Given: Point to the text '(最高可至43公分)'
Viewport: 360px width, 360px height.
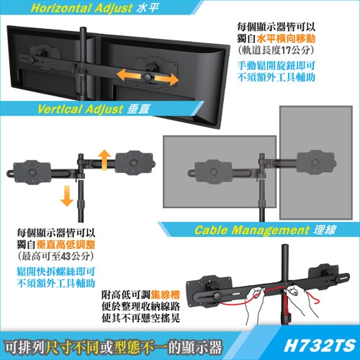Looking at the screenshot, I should point(54,256).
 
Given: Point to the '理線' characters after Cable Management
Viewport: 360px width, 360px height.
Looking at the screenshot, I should point(324,230).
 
